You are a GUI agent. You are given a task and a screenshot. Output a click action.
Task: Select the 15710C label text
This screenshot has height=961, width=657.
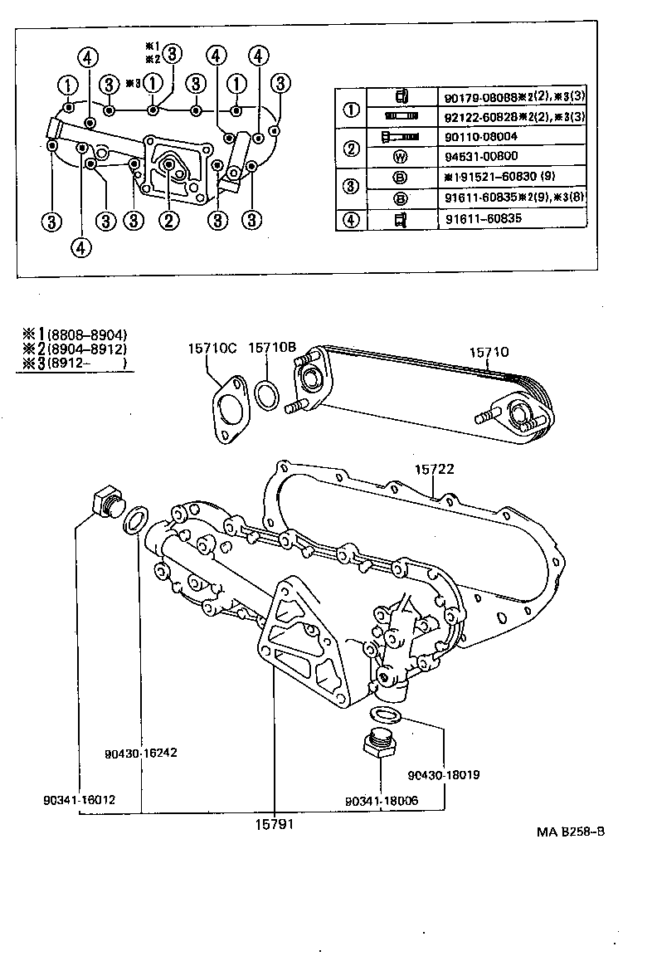(x=212, y=350)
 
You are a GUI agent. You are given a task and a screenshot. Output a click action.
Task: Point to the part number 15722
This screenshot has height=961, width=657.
(x=434, y=470)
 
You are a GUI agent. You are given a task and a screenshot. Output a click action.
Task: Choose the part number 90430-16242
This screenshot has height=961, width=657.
(x=141, y=754)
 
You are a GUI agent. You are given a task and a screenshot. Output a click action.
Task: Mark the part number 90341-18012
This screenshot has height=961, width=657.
(x=80, y=800)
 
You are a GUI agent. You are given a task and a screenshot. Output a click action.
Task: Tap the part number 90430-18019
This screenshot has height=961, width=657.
(x=444, y=775)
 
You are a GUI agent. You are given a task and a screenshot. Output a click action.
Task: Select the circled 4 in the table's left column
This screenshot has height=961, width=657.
(x=353, y=220)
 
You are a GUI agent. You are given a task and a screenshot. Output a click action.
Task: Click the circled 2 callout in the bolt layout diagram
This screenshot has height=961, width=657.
(x=168, y=220)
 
